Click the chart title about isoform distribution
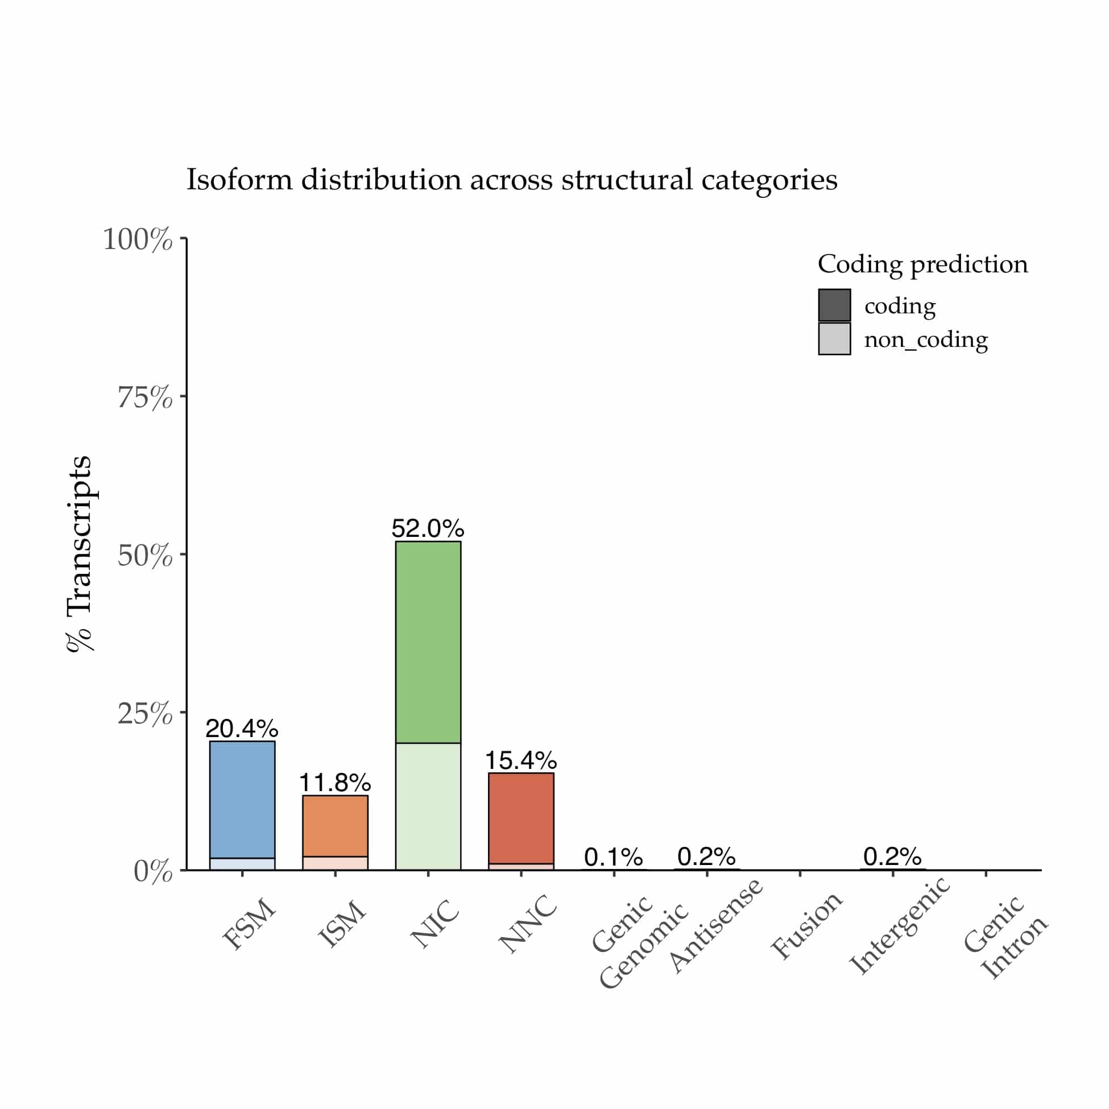[x=511, y=180]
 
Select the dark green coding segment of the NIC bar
[x=428, y=642]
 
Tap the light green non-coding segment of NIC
[x=428, y=806]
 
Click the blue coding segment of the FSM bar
[x=242, y=799]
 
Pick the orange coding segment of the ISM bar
[x=334, y=825]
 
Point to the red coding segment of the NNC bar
[x=520, y=818]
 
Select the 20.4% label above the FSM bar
[x=242, y=729]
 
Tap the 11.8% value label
[x=334, y=783]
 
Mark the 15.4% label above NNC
[x=520, y=760]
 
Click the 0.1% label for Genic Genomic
[x=613, y=858]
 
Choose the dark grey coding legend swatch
[x=834, y=305]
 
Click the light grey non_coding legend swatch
[x=834, y=338]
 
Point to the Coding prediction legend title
[x=922, y=264]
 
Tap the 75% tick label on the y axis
[x=144, y=397]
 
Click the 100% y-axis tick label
[x=137, y=239]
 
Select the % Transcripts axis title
[x=79, y=553]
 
